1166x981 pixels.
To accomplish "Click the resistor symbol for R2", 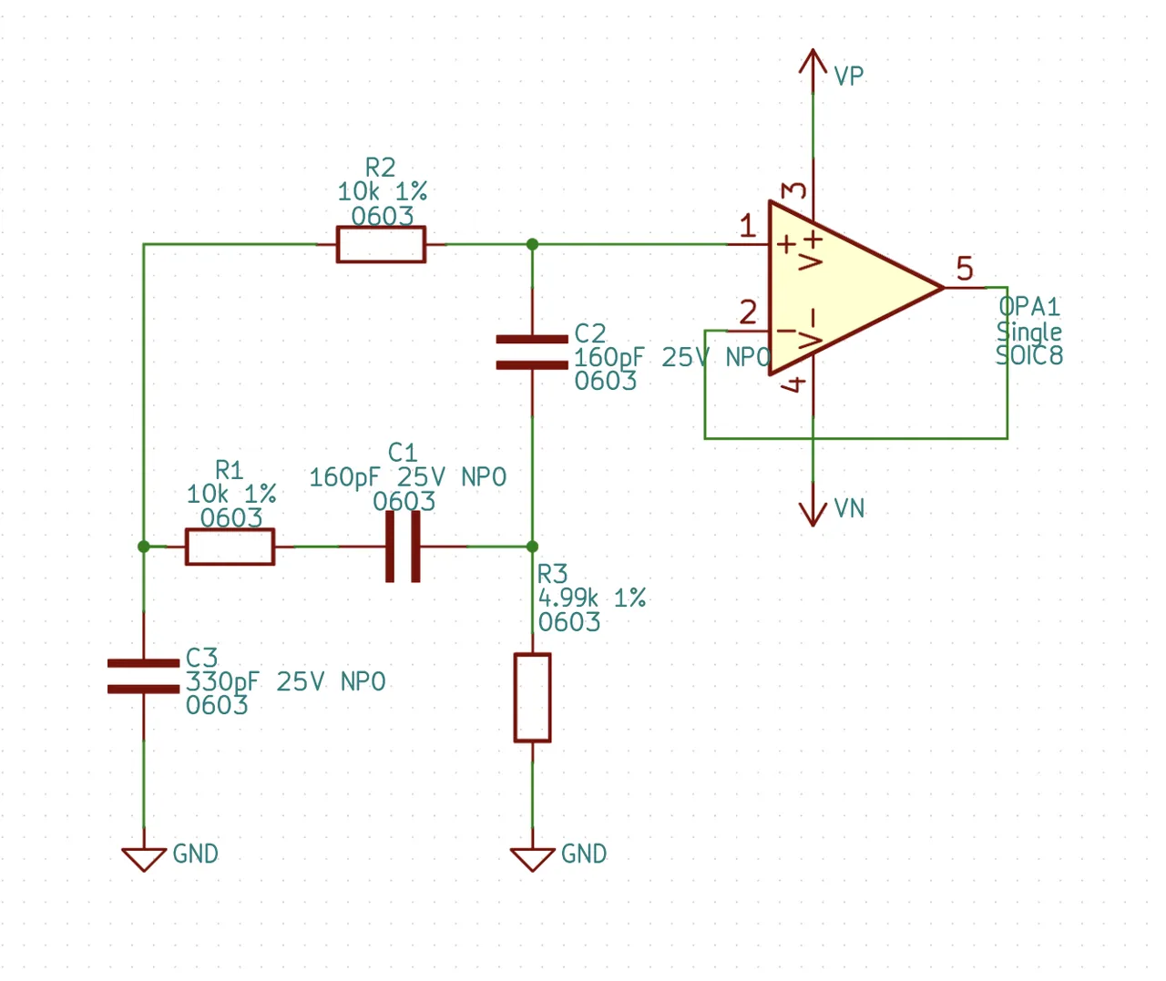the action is point(381,244).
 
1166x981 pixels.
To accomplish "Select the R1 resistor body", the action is point(230,547).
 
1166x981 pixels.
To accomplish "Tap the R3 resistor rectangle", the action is point(532,698).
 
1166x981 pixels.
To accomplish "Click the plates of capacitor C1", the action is point(403,547).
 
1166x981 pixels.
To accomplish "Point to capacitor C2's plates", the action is point(532,353).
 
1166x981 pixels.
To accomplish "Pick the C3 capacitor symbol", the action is point(144,676).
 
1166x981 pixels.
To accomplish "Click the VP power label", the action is point(849,76).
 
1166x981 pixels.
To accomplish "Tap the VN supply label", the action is point(849,508).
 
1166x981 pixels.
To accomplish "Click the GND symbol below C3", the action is point(144,860).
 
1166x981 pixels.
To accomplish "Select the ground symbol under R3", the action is point(533,860).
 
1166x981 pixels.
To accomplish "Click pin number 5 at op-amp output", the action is point(965,269).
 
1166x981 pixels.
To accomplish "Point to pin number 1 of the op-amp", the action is point(748,226).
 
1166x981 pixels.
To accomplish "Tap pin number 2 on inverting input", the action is point(748,312).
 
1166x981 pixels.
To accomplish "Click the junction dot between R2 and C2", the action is point(532,244).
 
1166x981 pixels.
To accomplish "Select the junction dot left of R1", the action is point(144,547).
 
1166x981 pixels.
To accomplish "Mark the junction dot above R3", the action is point(532,547).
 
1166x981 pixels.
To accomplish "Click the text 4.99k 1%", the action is point(592,598).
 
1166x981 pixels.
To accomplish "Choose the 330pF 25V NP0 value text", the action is point(285,681).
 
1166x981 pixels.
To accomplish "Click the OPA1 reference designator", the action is point(1028,307).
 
